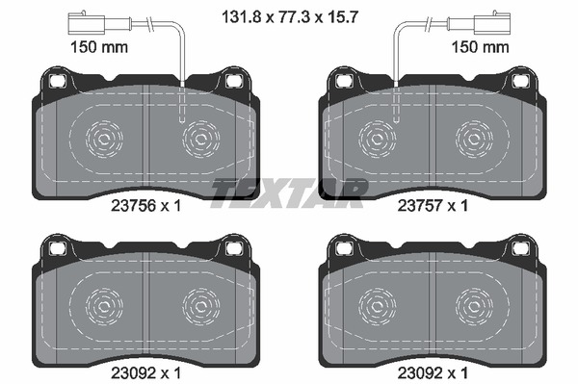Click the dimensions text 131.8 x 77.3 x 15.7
click(290, 17)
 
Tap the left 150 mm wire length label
click(99, 47)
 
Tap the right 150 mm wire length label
click(481, 47)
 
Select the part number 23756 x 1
click(146, 206)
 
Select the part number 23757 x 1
click(433, 206)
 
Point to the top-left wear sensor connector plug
click(87, 22)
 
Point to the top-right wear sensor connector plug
click(492, 22)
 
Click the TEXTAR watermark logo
click(289, 192)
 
